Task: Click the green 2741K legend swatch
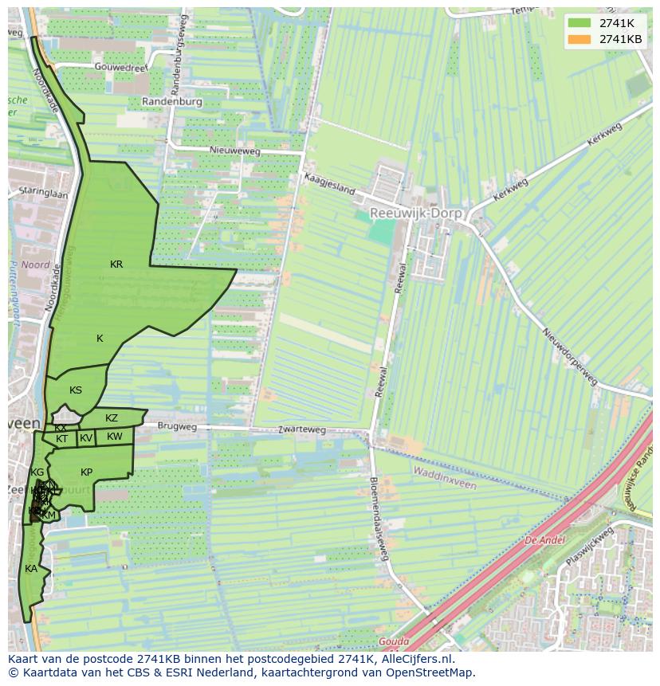pos(579,23)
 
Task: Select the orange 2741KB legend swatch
pos(579,39)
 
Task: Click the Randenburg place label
pos(173,102)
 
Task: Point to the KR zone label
pos(116,265)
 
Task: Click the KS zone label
pos(76,390)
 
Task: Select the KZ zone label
pos(112,418)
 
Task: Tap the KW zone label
pos(115,437)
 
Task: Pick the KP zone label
pos(87,472)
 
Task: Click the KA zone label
pos(31,569)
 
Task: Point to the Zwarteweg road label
pos(302,429)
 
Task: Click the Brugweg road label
pos(177,427)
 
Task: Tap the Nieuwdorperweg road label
pos(569,356)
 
